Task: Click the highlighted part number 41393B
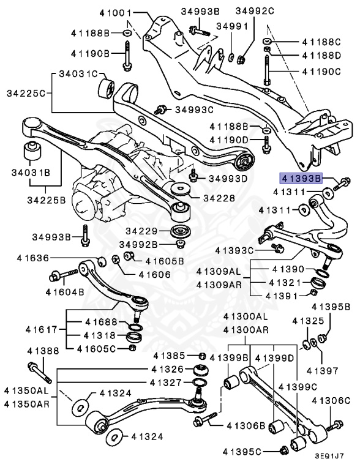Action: coord(301,179)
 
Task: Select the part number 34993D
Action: coord(227,179)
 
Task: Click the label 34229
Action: coord(141,231)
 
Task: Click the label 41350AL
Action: coord(25,389)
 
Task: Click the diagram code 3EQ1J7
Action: coord(329,456)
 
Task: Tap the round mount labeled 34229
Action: coord(179,233)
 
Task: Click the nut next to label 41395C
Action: coord(284,452)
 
